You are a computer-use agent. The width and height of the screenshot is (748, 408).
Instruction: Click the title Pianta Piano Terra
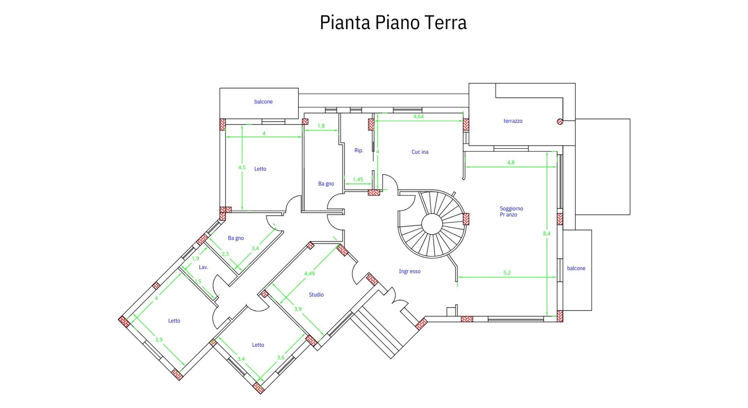[393, 23]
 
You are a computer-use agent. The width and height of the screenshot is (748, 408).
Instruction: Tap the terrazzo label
[513, 121]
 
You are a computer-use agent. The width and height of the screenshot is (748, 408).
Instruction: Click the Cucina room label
[420, 152]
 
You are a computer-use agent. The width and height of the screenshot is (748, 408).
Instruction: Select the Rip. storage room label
[359, 150]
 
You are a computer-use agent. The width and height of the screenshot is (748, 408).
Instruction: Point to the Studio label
[316, 295]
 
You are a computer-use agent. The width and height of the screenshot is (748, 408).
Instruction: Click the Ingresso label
[409, 271]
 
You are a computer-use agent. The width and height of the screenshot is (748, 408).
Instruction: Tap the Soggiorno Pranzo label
[511, 212]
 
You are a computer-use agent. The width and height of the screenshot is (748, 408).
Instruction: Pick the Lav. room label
[203, 267]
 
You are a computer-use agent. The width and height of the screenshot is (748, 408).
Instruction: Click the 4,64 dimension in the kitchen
[418, 117]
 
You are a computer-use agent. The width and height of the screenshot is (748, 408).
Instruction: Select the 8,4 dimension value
[547, 234]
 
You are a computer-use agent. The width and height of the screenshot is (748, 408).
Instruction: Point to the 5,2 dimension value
[507, 273]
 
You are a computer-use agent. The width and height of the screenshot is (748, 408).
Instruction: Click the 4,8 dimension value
[511, 162]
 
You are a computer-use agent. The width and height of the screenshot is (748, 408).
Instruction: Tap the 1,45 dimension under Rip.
[358, 180]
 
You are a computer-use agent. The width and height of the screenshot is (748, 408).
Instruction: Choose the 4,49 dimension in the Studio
[309, 274]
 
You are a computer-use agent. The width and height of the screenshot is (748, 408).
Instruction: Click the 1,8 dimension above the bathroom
[321, 126]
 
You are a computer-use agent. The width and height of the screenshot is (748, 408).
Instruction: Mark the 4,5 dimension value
[242, 168]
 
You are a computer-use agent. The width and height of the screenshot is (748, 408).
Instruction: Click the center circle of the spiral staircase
[432, 224]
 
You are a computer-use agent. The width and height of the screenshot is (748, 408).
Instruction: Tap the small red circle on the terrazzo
[560, 121]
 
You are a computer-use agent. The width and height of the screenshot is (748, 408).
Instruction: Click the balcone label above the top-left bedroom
[263, 102]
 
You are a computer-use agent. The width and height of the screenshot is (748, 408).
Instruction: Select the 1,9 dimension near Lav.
[196, 258]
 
